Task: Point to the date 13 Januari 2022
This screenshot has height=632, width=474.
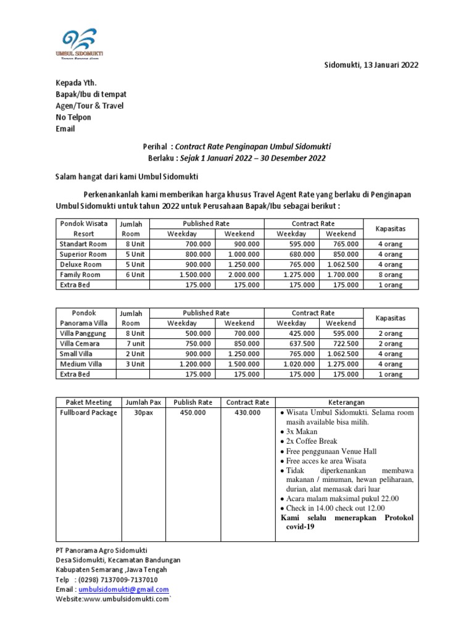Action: pyautogui.click(x=389, y=65)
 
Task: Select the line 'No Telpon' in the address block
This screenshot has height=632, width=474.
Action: pyautogui.click(x=73, y=117)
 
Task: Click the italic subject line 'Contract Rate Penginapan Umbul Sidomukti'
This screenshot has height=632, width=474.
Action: pyautogui.click(x=253, y=147)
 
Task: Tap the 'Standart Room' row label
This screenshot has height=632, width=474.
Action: pyautogui.click(x=83, y=244)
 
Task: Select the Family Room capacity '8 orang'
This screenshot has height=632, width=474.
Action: pyautogui.click(x=390, y=275)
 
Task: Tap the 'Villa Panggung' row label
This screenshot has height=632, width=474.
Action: pyautogui.click(x=83, y=333)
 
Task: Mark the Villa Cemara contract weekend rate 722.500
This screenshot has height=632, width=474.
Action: pyautogui.click(x=341, y=344)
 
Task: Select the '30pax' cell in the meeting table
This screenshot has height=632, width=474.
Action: pyautogui.click(x=144, y=413)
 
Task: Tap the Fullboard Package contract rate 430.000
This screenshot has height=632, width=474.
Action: pyautogui.click(x=247, y=413)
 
